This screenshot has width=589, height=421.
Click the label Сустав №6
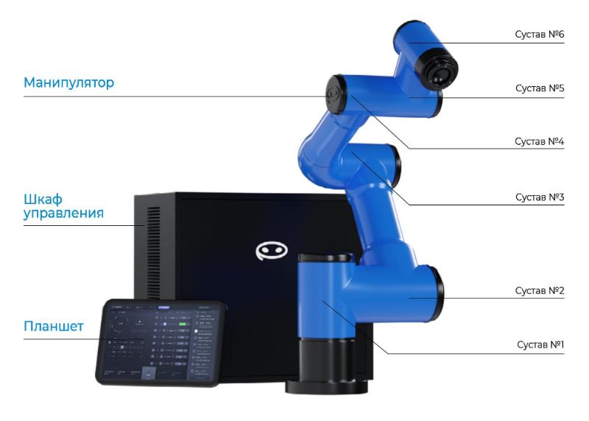[538, 34]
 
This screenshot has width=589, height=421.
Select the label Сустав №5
[538, 88]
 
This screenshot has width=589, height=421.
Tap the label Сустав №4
[538, 141]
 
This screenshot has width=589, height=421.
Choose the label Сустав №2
[538, 290]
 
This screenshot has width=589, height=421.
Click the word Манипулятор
[68, 82]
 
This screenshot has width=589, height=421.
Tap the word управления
[63, 213]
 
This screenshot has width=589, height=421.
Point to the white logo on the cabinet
[272, 251]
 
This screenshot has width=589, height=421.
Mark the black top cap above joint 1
[327, 259]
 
